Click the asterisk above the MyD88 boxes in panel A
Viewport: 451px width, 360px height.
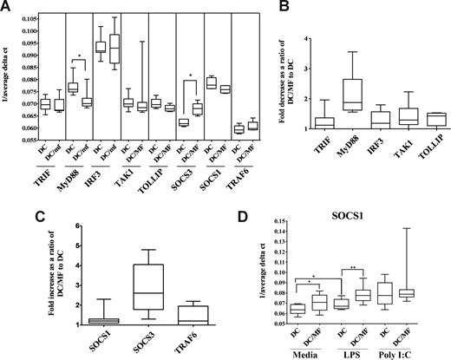click(x=80, y=63)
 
